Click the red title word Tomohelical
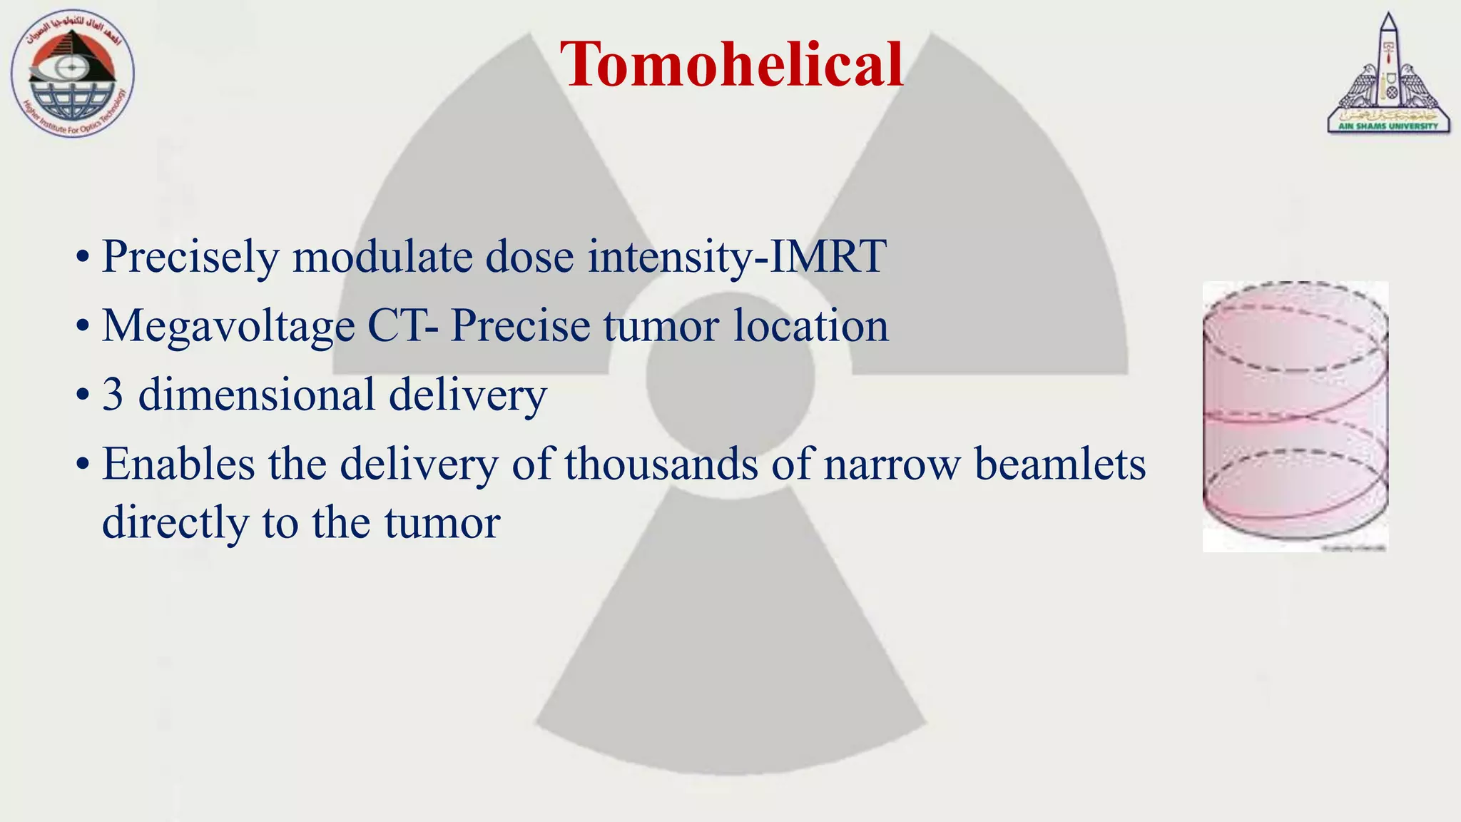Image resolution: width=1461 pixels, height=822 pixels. tap(732, 64)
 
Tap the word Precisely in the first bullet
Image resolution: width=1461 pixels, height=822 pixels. tap(190, 257)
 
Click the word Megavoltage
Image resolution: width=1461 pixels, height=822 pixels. tap(228, 326)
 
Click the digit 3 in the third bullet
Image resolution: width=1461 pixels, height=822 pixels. tap(113, 395)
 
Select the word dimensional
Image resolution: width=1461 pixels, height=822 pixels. tap(257, 395)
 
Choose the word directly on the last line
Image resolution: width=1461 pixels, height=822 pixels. tap(175, 522)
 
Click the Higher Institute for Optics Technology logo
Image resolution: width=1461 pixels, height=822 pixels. tap(72, 74)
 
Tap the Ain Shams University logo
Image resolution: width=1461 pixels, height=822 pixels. tap(1388, 74)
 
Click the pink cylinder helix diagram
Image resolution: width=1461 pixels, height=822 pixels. tap(1295, 416)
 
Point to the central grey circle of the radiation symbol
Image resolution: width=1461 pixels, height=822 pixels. tap(730, 376)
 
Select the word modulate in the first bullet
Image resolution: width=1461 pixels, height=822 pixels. tap(382, 257)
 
